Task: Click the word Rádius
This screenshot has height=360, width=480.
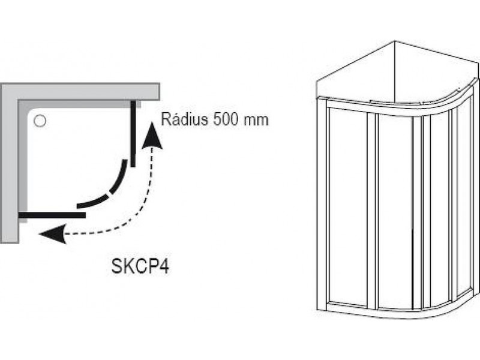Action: [x=185, y=119]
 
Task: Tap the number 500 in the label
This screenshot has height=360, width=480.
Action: [x=226, y=119]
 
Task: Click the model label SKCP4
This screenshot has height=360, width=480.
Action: [x=140, y=266]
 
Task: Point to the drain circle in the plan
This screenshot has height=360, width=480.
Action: [x=40, y=121]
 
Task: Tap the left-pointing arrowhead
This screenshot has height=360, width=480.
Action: [x=53, y=234]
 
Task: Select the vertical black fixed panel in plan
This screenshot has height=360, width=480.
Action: [x=133, y=134]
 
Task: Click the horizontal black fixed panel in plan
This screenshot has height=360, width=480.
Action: [x=52, y=215]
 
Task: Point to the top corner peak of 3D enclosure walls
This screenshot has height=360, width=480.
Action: [x=395, y=40]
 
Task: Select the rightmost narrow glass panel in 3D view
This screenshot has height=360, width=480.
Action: [x=464, y=196]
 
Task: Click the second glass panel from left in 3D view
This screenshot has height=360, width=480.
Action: [x=395, y=211]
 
